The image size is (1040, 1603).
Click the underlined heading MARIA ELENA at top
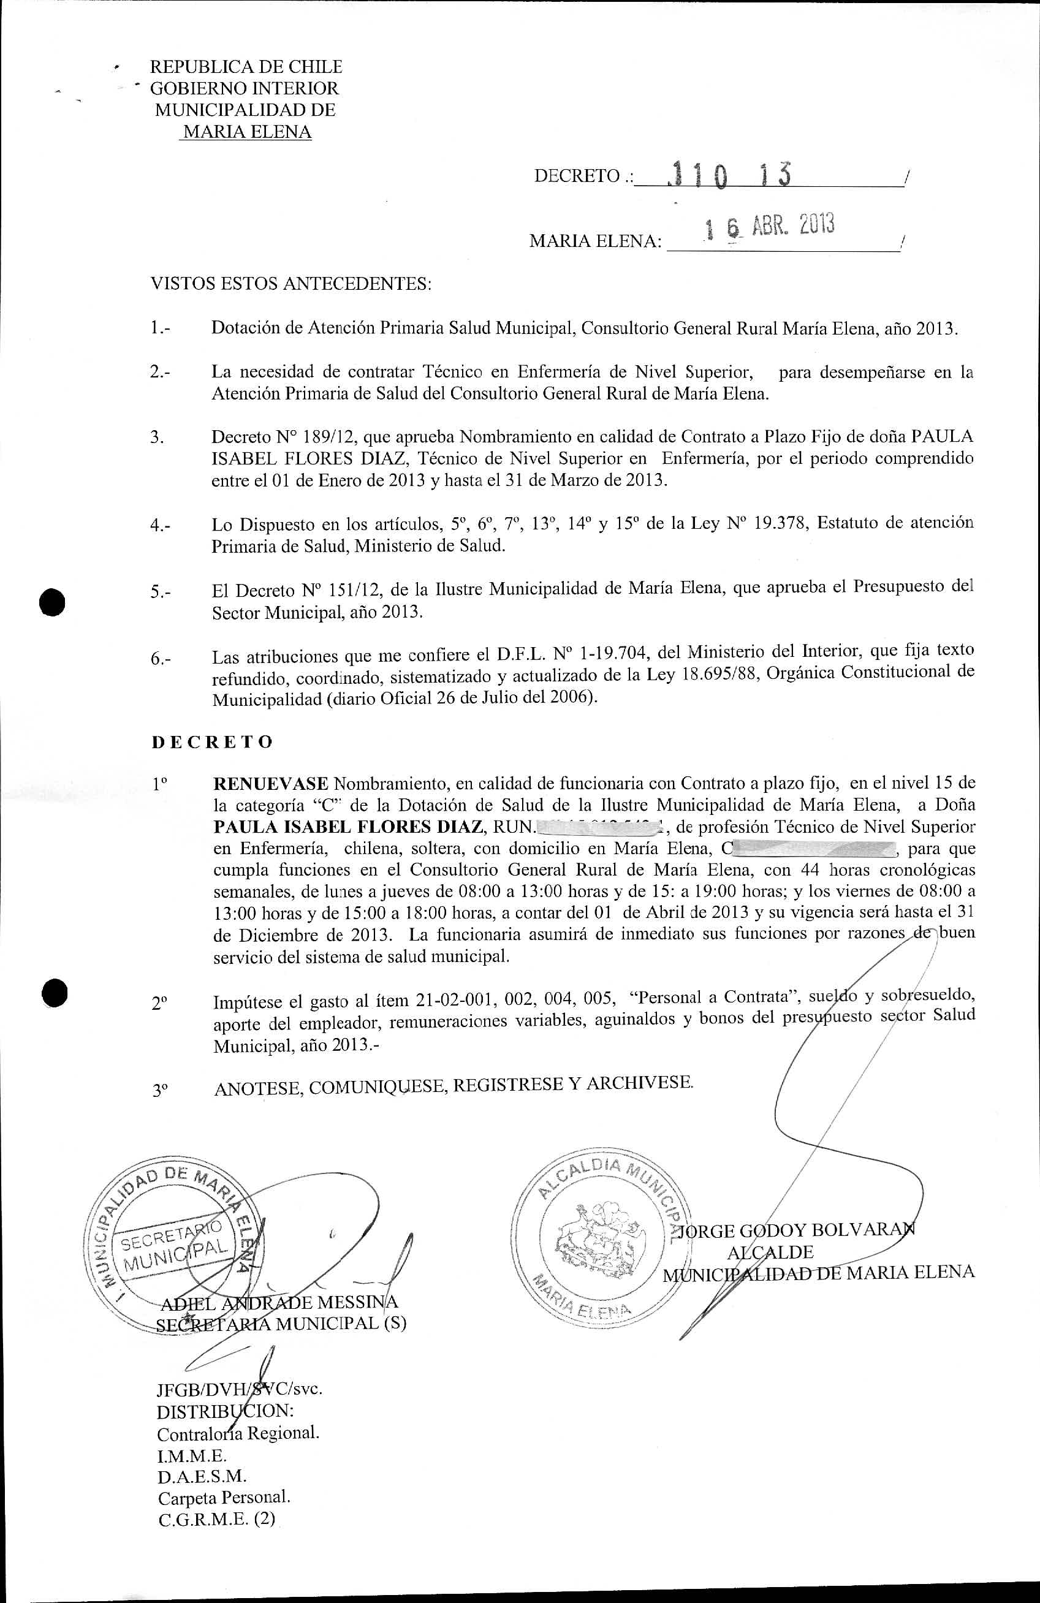point(247,131)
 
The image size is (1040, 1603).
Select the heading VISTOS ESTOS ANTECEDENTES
point(290,284)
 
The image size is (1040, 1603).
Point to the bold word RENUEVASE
point(271,783)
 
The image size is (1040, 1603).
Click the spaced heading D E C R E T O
point(212,741)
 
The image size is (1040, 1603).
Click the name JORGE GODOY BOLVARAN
point(795,1230)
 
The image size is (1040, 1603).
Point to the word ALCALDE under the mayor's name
point(770,1252)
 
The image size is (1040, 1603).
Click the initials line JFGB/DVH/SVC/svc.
point(239,1388)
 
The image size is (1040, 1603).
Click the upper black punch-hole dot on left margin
point(52,601)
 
